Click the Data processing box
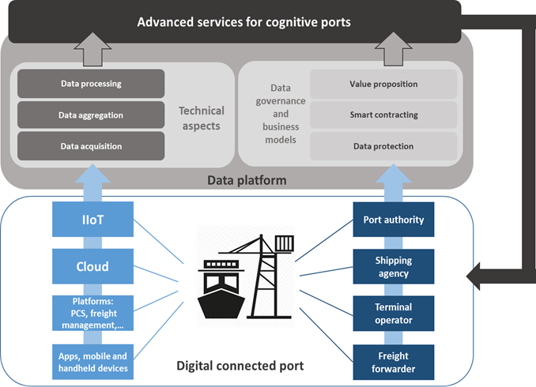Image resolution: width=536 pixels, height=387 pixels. click(91, 84)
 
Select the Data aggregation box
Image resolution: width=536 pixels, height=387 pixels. click(91, 115)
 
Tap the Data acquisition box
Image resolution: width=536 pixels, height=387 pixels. click(91, 146)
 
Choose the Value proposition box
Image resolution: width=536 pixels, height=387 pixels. click(383, 84)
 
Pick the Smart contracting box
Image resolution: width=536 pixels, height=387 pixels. click(383, 115)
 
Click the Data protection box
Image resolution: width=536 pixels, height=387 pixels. click(383, 146)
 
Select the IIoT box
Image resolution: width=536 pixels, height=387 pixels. click(92, 220)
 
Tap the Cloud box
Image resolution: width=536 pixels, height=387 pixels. click(92, 266)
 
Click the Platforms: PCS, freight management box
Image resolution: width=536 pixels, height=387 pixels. click(92, 314)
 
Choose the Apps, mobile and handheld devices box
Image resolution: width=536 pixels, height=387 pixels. click(92, 362)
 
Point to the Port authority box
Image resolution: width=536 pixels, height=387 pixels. click(394, 220)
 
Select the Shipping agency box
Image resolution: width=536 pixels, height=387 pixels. click(394, 266)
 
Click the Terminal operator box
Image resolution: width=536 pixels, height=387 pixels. click(394, 314)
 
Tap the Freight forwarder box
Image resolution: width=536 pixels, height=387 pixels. click(394, 362)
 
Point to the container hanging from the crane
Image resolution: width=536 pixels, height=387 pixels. click(285, 243)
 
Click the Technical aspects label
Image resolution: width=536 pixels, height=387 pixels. click(202, 118)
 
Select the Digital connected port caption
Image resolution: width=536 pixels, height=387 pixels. click(240, 366)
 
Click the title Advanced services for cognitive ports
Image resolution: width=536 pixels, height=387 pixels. click(243, 22)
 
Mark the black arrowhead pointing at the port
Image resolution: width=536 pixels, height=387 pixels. click(474, 276)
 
